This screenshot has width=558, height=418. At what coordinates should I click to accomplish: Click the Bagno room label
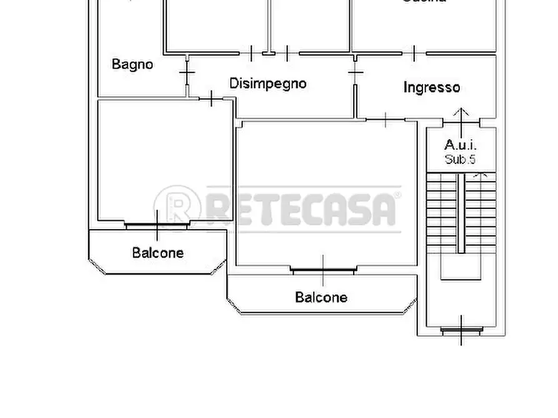tap(132, 64)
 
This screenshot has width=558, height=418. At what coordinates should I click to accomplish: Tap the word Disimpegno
tap(267, 83)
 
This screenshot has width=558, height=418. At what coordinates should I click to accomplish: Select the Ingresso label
tap(431, 87)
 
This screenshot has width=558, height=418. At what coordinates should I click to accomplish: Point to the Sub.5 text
tap(461, 160)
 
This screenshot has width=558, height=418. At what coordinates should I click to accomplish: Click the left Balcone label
tap(157, 253)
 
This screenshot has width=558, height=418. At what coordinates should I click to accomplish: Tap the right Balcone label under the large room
tap(321, 298)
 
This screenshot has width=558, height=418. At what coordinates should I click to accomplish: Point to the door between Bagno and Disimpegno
tap(186, 74)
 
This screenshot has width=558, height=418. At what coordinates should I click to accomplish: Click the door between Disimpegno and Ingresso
tap(355, 74)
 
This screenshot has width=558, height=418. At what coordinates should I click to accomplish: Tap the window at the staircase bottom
tap(462, 331)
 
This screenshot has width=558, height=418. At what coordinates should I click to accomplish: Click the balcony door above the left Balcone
tap(156, 225)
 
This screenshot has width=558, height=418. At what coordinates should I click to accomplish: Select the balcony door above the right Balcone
tap(322, 270)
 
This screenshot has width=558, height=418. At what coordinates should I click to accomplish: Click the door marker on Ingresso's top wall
tap(414, 53)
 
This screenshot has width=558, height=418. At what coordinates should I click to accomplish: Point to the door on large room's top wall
tap(386, 119)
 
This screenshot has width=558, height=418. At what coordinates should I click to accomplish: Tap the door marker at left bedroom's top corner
tap(212, 98)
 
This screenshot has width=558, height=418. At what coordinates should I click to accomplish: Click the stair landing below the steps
tap(461, 268)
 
